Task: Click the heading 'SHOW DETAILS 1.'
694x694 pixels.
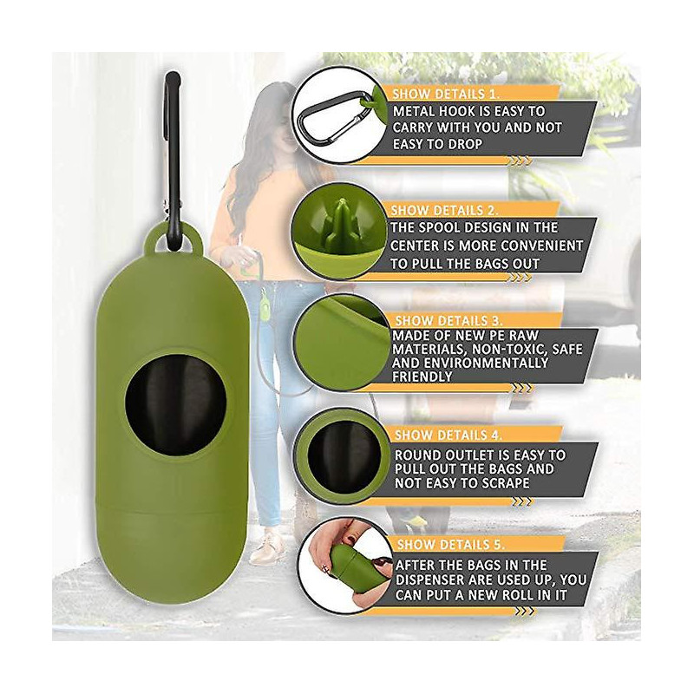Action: click(x=446, y=95)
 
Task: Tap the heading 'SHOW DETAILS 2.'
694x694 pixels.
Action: click(x=444, y=210)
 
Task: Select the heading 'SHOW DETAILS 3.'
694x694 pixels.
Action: click(x=448, y=320)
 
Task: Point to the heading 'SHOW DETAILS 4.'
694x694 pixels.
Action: click(x=448, y=435)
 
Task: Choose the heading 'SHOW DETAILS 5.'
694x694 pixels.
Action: click(x=451, y=545)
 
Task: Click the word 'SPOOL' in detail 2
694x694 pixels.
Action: click(x=442, y=227)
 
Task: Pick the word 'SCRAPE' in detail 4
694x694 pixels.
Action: click(x=505, y=483)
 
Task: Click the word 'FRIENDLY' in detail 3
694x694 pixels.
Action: click(x=422, y=376)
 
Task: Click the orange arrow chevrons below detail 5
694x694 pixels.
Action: click(x=524, y=612)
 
